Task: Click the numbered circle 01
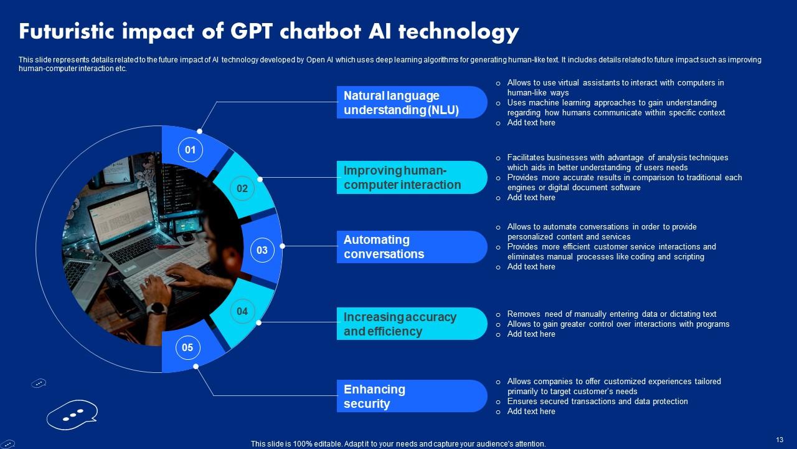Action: (x=190, y=150)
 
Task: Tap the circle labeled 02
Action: (x=242, y=188)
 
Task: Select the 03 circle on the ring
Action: (x=262, y=250)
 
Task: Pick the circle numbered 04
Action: (x=242, y=311)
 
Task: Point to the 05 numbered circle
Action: (x=187, y=348)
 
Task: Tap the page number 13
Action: (x=780, y=440)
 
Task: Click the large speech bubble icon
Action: (x=72, y=414)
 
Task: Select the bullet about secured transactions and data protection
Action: (x=597, y=402)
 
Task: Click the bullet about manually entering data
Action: (x=611, y=314)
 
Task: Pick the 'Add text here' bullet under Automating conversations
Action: (x=531, y=267)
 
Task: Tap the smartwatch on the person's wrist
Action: (x=157, y=308)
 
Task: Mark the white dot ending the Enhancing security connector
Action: (x=196, y=366)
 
